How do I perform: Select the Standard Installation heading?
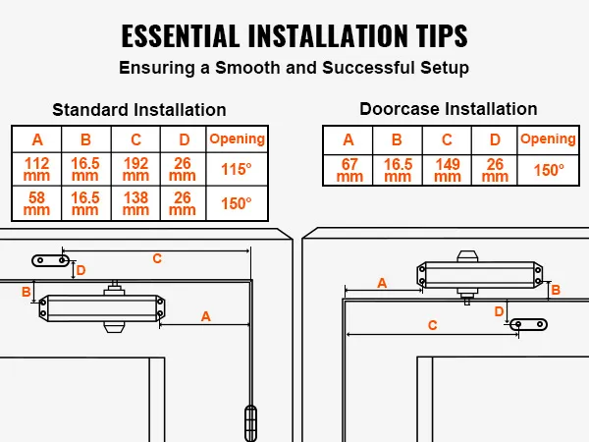coord(139,109)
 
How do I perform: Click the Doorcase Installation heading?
coord(449,108)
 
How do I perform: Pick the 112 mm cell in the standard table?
coord(36,169)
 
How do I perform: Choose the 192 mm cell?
coord(135,169)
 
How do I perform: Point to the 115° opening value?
coord(237,169)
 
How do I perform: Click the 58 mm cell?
coord(36,203)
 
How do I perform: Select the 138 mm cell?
coord(135,203)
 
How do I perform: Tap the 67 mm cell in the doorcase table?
coord(349,170)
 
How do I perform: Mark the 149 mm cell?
coord(448,170)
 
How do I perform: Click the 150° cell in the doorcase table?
coord(548,169)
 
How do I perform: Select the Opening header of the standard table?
coord(237,138)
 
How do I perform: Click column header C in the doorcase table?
coord(448,139)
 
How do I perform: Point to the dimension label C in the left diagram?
coord(156,258)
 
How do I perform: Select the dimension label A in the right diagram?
coord(381,283)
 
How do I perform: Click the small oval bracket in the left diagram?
coord(50,260)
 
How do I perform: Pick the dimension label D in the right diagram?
coord(499,311)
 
